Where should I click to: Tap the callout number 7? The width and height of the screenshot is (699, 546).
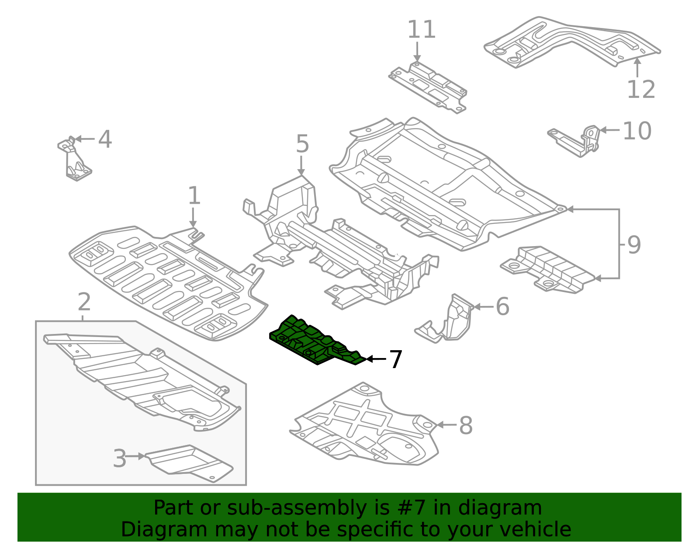[395, 359]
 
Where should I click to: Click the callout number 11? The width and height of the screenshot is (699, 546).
[421, 30]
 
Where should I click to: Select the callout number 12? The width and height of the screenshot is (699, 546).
[641, 90]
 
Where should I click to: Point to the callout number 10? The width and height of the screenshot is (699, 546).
[637, 131]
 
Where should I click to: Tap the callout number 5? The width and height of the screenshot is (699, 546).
[302, 144]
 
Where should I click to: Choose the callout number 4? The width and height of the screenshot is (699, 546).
[105, 139]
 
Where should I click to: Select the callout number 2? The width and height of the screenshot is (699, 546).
[84, 302]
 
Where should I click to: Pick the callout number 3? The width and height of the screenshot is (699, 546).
[119, 459]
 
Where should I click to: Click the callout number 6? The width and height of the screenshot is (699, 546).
[502, 306]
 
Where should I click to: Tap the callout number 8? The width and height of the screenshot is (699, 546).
[466, 425]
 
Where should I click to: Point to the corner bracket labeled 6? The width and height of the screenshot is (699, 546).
[452, 321]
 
